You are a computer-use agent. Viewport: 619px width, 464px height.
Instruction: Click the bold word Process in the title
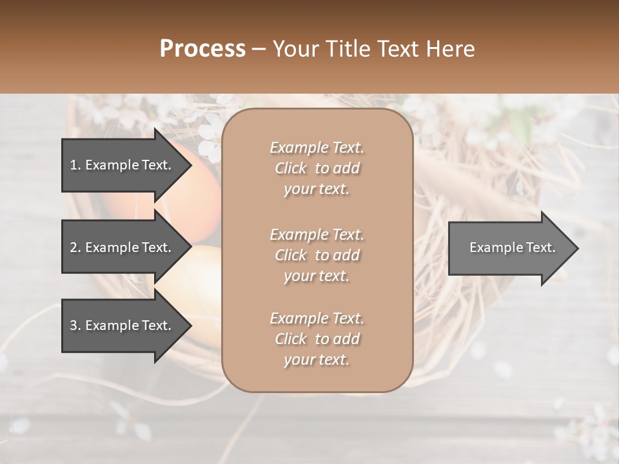coord(202,49)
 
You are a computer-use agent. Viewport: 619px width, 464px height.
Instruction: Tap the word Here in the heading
coord(449,49)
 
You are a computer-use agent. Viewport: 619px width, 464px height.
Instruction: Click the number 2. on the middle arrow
coord(75,247)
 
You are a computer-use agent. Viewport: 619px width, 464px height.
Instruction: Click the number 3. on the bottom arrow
coord(75,325)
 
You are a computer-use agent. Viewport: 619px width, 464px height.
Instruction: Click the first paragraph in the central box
coord(317,168)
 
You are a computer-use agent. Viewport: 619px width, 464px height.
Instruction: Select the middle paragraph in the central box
coord(317,255)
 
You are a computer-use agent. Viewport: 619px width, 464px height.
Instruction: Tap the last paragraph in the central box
coord(317,339)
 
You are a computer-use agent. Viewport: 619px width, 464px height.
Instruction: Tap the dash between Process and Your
coord(259,50)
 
